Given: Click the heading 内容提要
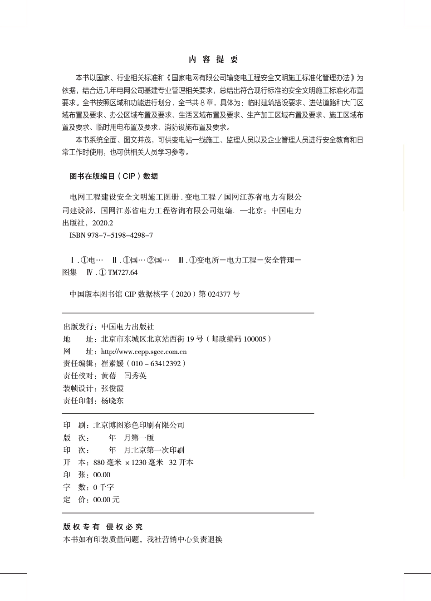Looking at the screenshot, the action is [213, 59].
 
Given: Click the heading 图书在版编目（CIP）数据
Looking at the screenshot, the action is [114, 176].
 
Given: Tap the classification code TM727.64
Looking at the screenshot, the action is [122, 273].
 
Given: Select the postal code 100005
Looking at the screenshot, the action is [255, 339].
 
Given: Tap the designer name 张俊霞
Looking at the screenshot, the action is [113, 388].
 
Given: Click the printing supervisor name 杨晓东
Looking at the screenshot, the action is [113, 401].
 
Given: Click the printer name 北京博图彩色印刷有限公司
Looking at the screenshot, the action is [139, 425].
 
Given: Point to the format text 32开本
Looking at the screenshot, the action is [181, 462].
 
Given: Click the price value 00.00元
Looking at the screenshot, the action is [106, 499].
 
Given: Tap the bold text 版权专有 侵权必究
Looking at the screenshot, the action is [103, 527].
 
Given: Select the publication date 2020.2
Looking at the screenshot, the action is [102, 223].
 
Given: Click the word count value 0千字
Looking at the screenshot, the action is [103, 487].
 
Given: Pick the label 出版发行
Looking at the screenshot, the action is [78, 327].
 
